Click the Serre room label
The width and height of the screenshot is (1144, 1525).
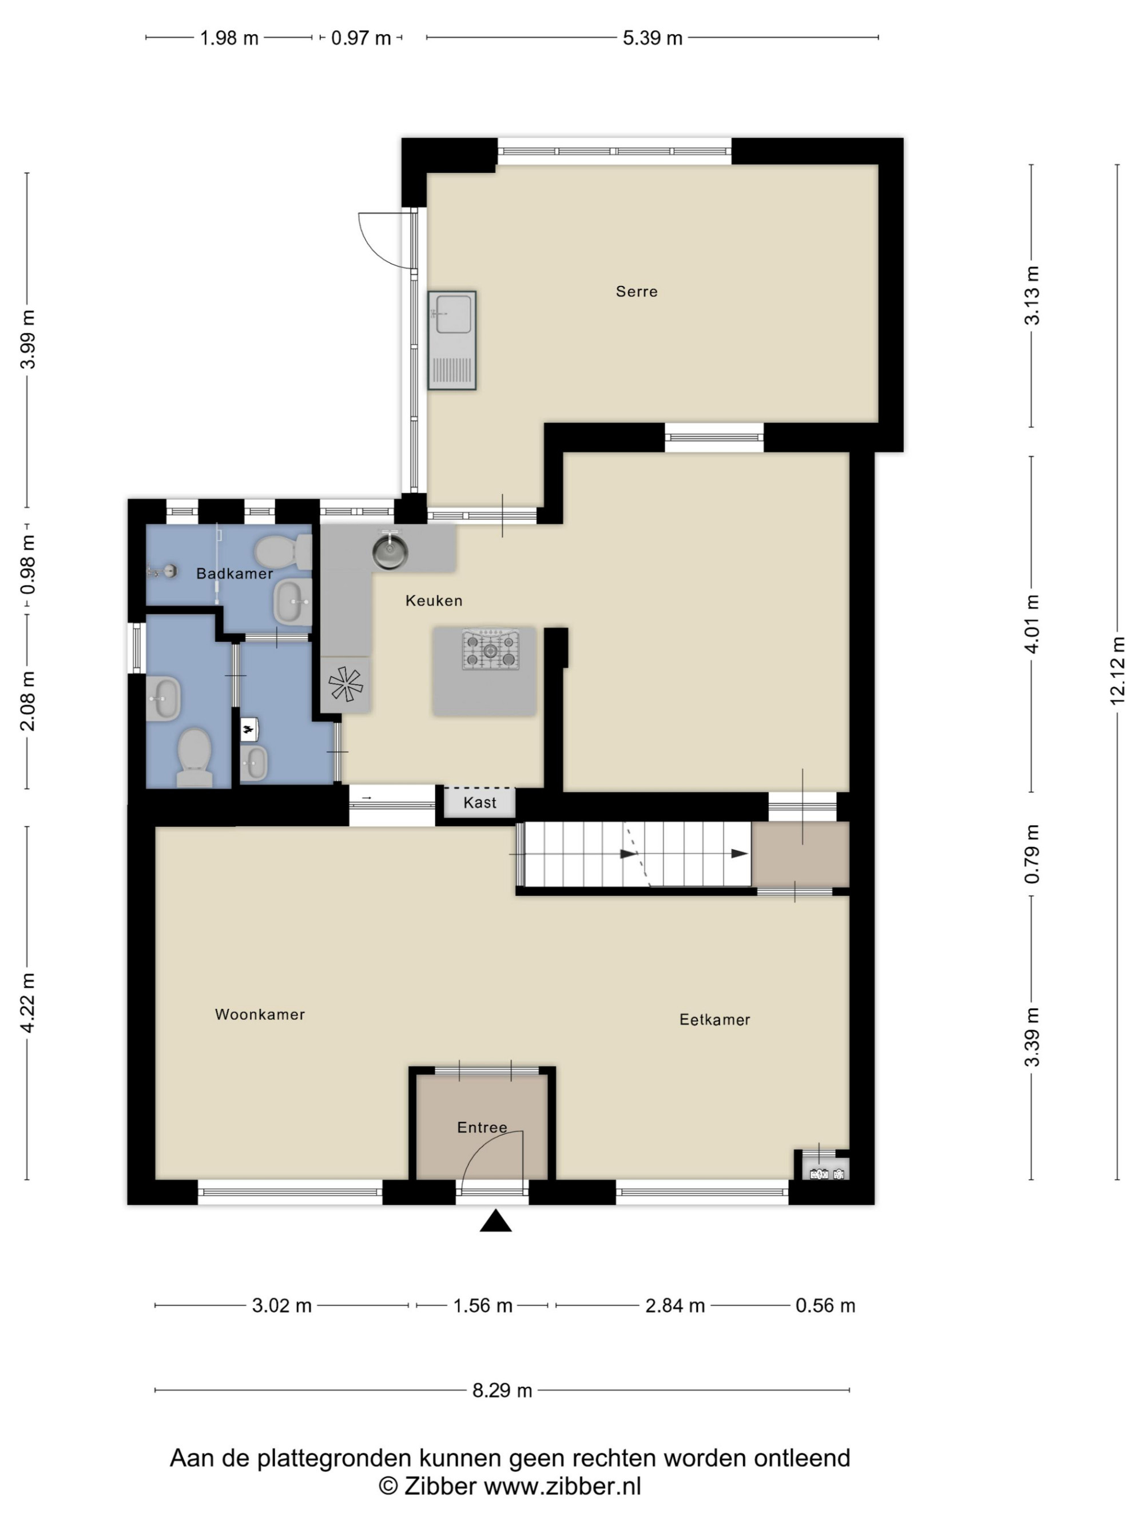(636, 292)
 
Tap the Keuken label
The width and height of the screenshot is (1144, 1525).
(433, 600)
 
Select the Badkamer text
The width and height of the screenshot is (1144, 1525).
(235, 574)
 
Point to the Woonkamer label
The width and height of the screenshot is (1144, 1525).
(259, 1014)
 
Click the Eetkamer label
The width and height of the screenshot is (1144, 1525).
(714, 1020)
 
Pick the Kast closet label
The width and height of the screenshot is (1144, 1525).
(479, 802)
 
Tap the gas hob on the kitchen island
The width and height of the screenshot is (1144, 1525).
(490, 650)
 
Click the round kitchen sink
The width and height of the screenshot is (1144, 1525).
(390, 551)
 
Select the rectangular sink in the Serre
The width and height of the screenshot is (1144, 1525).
(452, 341)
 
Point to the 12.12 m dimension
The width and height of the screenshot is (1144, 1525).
(1117, 671)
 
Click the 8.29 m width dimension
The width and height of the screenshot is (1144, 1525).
(502, 1391)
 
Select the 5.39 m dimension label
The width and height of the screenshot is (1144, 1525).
(652, 38)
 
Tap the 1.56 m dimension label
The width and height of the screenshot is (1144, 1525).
(483, 1306)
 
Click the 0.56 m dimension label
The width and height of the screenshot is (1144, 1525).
(825, 1306)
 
